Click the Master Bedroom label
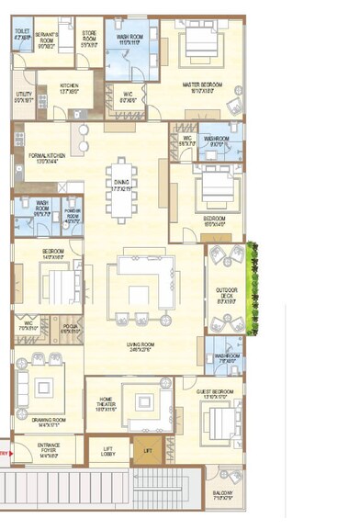tap(204, 88)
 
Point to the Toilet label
tap(22, 36)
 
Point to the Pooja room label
tap(70, 327)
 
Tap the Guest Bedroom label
tap(218, 392)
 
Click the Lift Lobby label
tap(108, 452)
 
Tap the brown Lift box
tap(146, 451)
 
